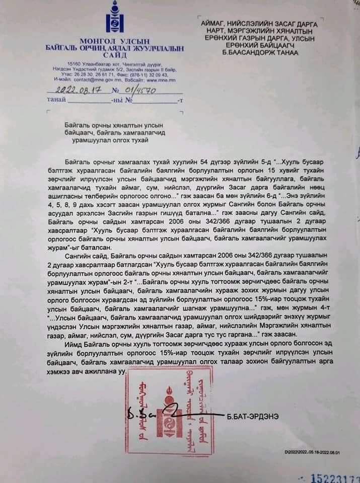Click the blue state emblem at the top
(x=114, y=19)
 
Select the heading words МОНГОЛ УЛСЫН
(x=115, y=41)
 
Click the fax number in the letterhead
(x=153, y=75)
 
